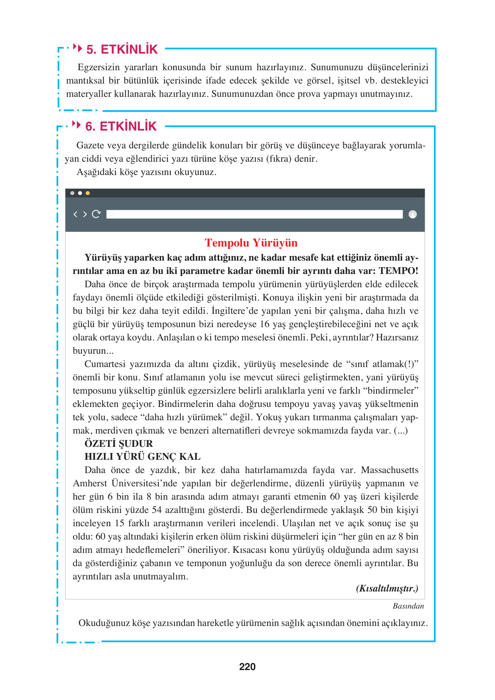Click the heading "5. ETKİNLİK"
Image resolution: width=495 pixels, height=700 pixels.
[x=122, y=49]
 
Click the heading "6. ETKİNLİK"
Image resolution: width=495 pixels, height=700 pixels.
[x=121, y=126]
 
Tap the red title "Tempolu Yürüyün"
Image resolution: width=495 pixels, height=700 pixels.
[x=251, y=243]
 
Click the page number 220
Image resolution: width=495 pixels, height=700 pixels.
[x=247, y=667]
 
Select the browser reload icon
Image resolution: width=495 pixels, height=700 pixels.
[x=96, y=214]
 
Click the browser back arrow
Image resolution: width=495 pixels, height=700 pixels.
[x=75, y=214]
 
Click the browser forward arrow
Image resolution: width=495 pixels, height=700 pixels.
[x=85, y=214]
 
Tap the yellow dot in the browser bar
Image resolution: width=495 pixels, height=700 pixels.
[x=88, y=193]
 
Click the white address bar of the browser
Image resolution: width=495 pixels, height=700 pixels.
[x=254, y=214]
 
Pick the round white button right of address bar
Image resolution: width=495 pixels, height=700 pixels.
[x=413, y=214]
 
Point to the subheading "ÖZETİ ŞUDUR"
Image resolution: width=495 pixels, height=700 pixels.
[x=118, y=444]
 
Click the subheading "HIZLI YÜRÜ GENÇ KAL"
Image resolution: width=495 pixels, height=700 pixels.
[x=142, y=457]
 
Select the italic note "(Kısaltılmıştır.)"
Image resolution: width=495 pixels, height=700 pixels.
[x=387, y=589]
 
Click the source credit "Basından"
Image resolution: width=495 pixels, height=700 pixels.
[x=408, y=606]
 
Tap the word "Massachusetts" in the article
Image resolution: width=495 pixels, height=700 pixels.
[x=389, y=470]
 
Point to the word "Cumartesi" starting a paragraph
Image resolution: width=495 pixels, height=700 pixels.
[x=105, y=364]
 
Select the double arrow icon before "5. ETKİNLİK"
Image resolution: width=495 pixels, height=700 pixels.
[x=77, y=48]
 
